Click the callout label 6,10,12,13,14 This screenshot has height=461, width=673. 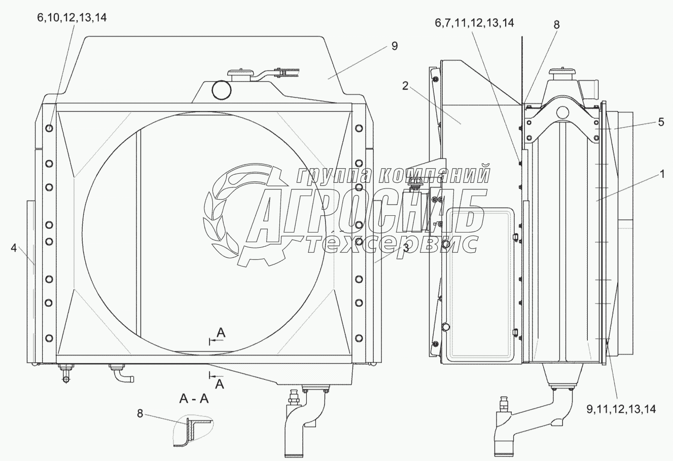click(72, 18)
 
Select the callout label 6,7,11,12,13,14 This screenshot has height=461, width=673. click(474, 23)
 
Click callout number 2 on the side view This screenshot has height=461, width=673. click(405, 86)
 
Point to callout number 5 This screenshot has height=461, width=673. click(661, 122)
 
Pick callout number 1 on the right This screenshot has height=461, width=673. click(662, 174)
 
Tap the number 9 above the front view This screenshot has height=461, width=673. click(395, 46)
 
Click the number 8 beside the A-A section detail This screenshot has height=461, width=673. click(139, 413)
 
